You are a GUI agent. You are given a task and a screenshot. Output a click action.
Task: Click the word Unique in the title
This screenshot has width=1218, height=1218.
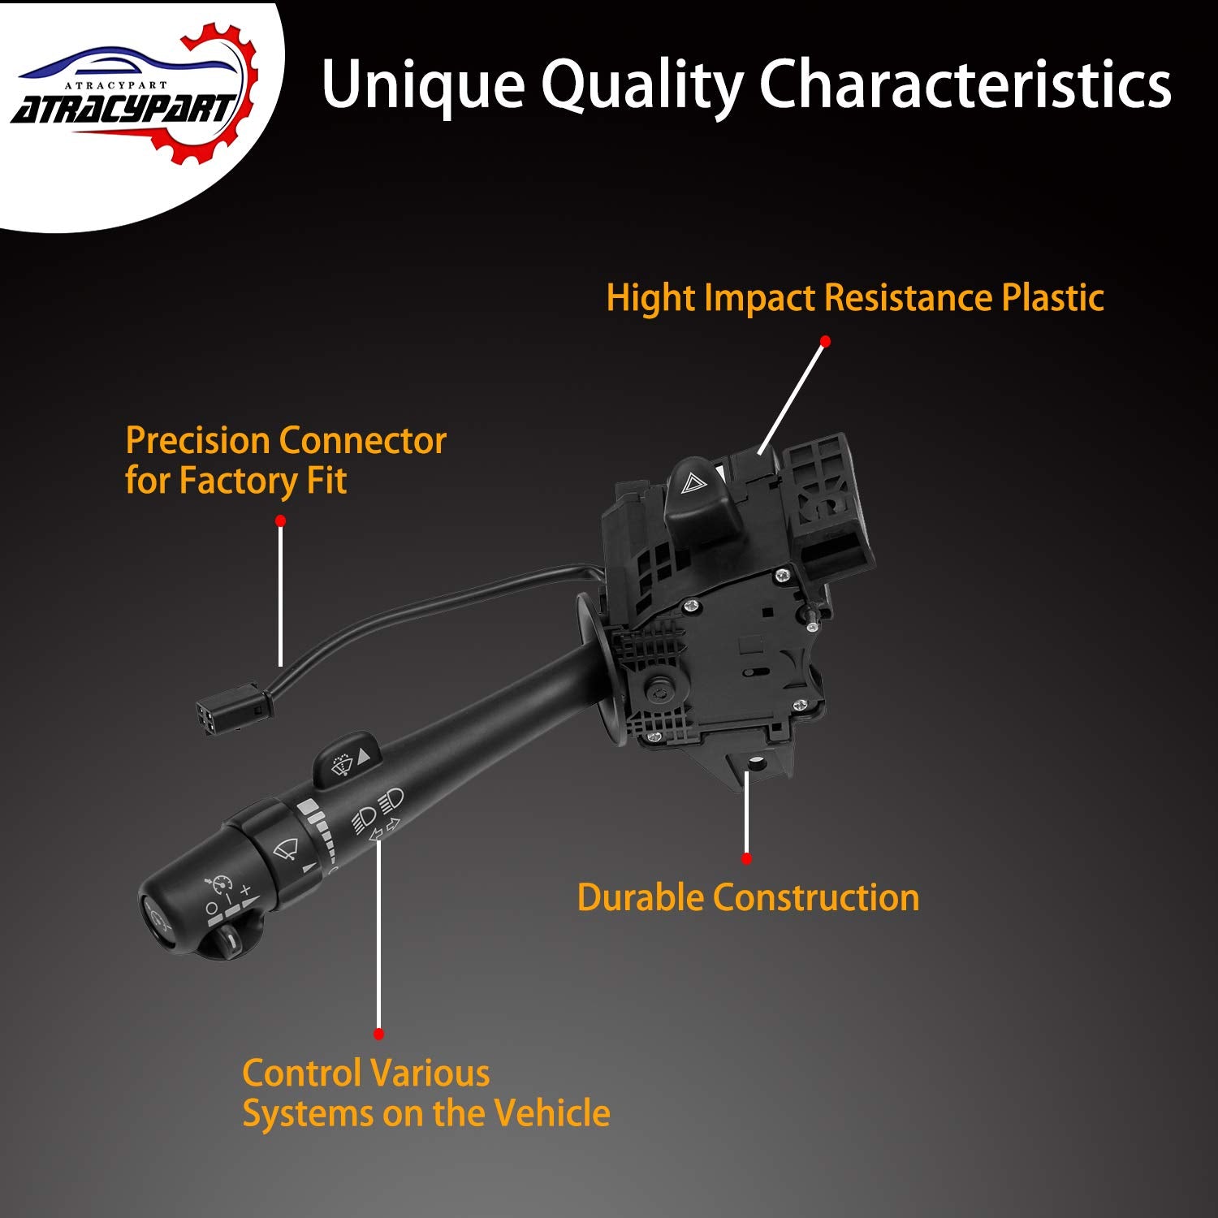423,84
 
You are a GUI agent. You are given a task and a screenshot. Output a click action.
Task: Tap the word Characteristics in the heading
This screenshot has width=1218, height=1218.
965,84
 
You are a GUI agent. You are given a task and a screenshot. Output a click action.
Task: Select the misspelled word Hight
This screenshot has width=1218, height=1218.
650,299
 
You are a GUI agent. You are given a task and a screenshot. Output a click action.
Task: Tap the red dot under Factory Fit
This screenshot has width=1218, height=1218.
280,520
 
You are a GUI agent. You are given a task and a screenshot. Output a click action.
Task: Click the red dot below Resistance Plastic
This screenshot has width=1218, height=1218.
825,341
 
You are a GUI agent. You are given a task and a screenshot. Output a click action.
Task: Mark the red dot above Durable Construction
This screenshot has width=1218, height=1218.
746,858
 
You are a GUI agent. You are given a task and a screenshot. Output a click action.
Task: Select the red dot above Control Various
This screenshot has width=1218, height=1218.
378,1034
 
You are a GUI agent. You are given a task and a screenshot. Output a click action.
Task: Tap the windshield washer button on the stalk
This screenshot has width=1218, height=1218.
346,760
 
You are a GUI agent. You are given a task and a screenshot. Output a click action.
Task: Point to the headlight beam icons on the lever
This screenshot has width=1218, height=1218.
378,812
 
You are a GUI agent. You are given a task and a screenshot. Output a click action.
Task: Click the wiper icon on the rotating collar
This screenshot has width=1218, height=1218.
286,849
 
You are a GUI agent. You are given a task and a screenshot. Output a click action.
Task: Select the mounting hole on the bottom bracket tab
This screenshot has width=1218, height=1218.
756,763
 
